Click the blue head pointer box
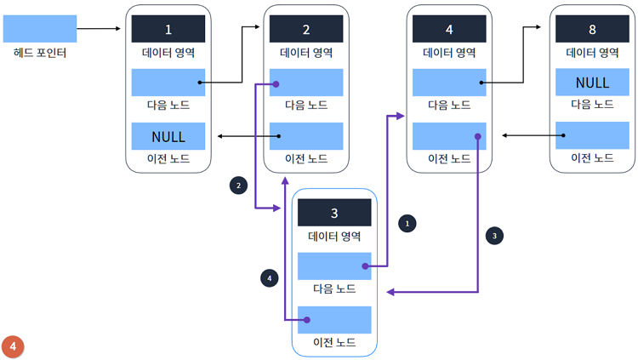click(x=40, y=28)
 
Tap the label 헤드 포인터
click(x=40, y=53)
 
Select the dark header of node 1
click(x=168, y=29)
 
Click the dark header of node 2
click(x=306, y=29)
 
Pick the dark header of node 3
click(x=334, y=212)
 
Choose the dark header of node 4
click(x=449, y=29)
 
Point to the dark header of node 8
click(x=592, y=29)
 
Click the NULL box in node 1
click(x=168, y=136)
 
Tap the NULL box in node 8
click(x=592, y=83)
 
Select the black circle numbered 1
click(x=407, y=223)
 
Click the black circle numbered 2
click(x=239, y=185)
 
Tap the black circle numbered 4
click(x=270, y=277)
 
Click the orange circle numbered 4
click(x=13, y=346)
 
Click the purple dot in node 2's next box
click(x=275, y=84)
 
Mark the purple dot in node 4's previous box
click(x=478, y=136)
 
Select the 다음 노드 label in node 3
click(x=334, y=289)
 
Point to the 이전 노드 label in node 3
click(x=334, y=342)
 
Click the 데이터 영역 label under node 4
click(x=449, y=53)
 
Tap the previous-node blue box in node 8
click(x=592, y=136)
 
